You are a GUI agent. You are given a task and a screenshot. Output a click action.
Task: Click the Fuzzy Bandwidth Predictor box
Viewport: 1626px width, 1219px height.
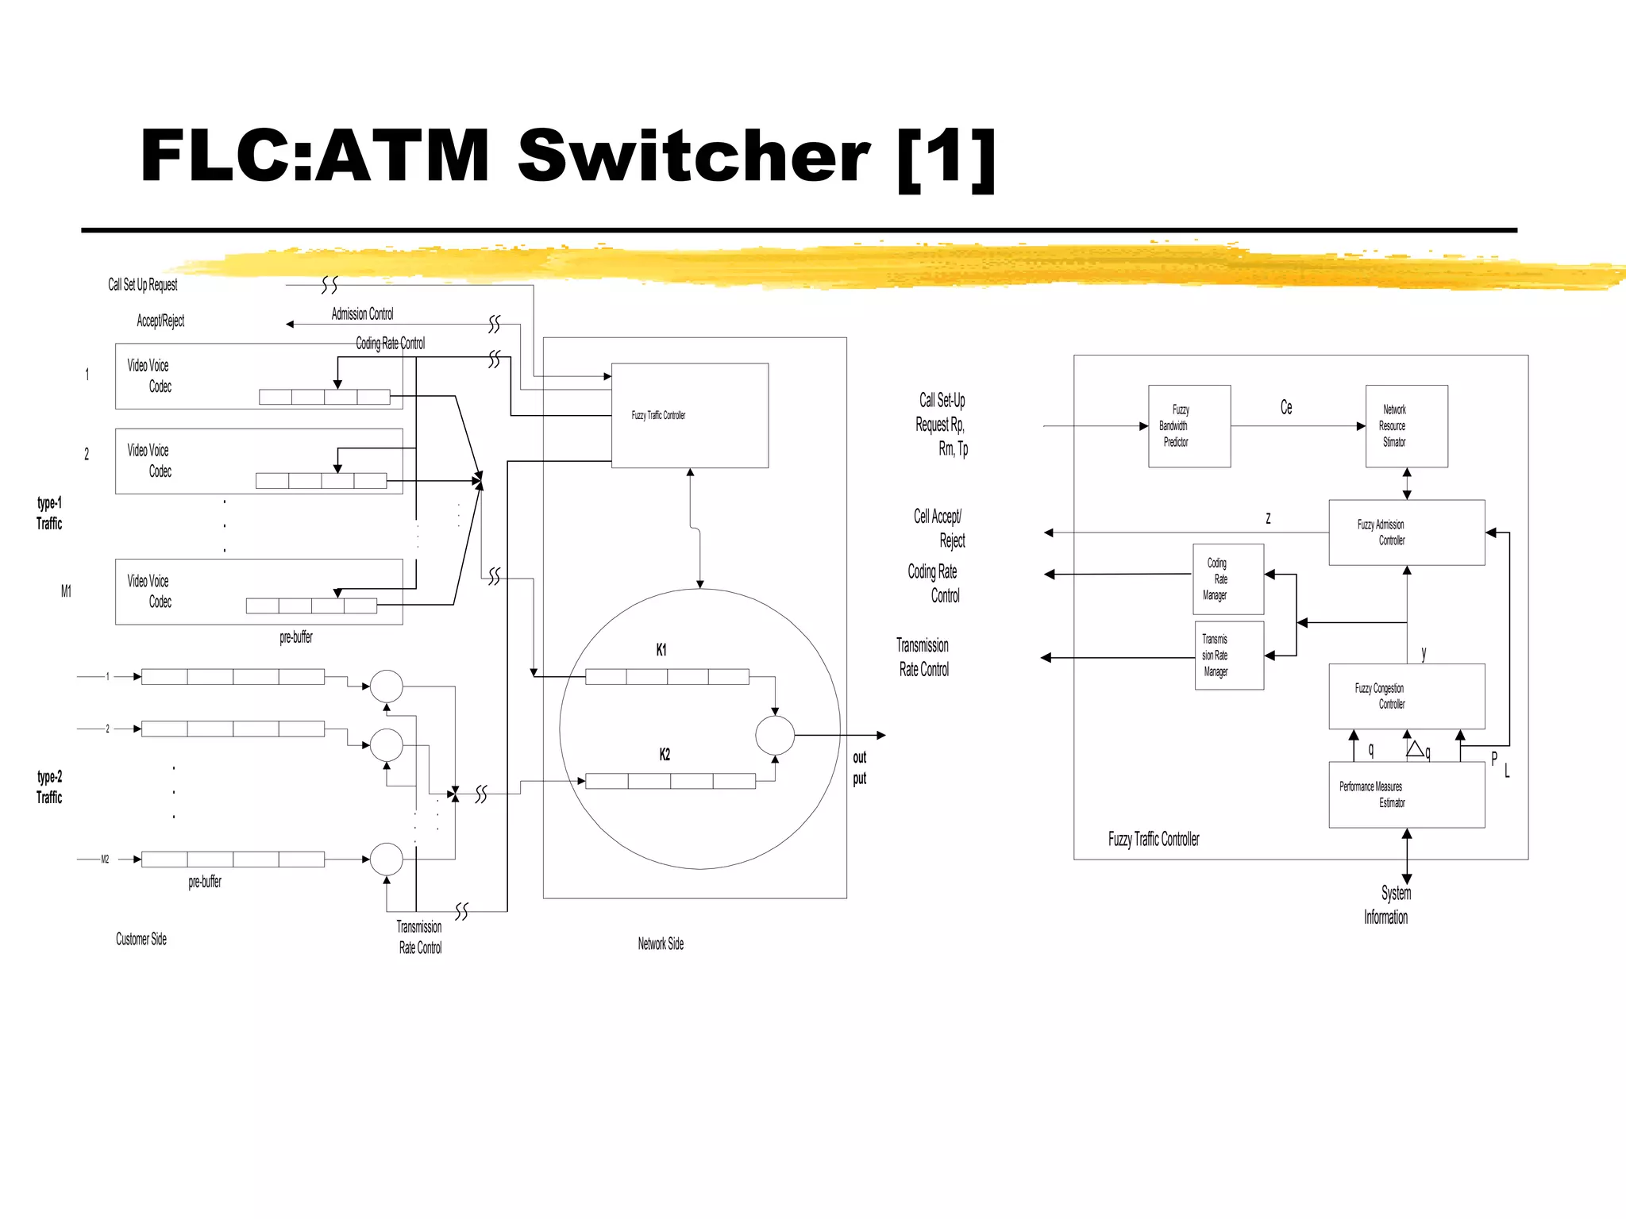tap(1189, 426)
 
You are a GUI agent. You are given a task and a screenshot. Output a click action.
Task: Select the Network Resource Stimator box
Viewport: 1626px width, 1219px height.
tap(1406, 426)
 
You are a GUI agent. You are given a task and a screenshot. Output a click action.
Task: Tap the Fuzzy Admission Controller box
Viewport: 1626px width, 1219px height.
tap(1406, 533)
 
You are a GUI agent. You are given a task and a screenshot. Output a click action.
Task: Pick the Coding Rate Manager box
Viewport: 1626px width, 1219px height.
tap(1227, 579)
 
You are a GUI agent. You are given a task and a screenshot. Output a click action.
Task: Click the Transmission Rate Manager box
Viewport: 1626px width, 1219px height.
tap(1228, 656)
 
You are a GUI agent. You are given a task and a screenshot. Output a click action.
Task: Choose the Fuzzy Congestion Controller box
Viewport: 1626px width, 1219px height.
tap(1406, 696)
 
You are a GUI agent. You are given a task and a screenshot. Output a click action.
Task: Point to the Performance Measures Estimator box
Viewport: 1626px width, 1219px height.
tap(1406, 794)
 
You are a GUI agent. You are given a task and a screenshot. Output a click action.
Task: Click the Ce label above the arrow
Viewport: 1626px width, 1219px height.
tap(1285, 407)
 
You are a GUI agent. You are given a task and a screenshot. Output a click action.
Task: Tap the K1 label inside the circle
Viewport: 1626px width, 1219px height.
tap(661, 650)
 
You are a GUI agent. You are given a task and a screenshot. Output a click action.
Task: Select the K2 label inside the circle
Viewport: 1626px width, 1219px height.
tap(665, 755)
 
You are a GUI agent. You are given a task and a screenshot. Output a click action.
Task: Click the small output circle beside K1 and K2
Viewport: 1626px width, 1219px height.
tap(774, 735)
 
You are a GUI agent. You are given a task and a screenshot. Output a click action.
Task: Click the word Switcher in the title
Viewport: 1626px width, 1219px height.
tap(693, 156)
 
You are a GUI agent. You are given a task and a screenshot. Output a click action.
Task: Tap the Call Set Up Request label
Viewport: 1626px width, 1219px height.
tap(143, 284)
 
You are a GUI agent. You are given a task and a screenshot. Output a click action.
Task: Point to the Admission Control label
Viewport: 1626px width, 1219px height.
tap(362, 313)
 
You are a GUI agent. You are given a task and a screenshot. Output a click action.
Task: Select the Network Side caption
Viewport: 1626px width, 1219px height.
tap(661, 944)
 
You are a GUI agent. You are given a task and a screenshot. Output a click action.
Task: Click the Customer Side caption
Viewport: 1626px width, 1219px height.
tap(141, 939)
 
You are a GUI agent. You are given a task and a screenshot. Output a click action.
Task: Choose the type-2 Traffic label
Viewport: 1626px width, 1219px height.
tap(49, 786)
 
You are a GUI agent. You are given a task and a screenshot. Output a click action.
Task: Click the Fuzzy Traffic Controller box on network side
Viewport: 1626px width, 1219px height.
tap(689, 415)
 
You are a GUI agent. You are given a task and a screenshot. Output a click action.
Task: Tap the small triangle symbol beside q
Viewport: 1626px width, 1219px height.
tap(1415, 748)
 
